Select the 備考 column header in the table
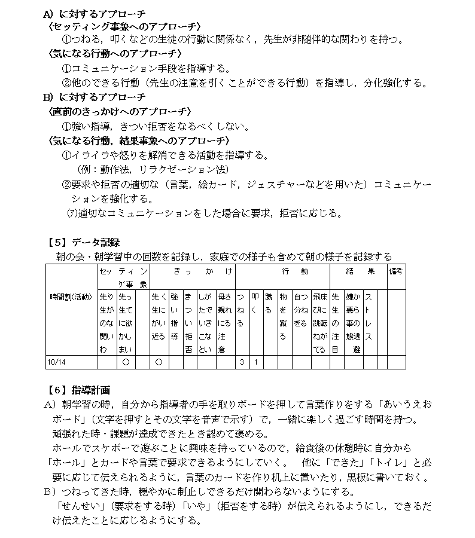395,271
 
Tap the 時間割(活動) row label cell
71,296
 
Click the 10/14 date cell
57,362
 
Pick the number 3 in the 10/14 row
241,362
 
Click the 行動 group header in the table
288,271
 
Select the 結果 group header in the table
361,271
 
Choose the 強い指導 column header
173,316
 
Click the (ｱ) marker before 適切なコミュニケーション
72,213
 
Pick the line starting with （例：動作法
144,170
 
